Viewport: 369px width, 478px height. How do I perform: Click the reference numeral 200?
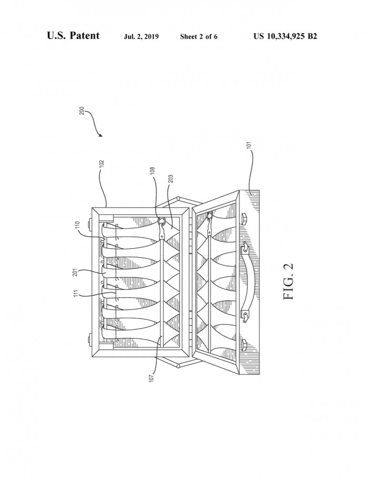(82, 110)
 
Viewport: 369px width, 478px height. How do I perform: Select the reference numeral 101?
(249, 146)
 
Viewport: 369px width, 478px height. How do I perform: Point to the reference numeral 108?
(153, 171)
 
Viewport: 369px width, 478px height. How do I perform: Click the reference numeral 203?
(170, 179)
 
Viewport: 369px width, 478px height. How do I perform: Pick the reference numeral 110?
(77, 226)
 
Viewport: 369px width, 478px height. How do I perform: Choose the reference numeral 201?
(75, 272)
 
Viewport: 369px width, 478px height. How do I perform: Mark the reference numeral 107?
(152, 378)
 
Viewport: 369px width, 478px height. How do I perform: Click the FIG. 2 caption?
(288, 282)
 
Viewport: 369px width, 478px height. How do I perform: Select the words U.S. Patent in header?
(73, 36)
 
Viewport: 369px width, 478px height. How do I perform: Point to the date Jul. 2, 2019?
(141, 37)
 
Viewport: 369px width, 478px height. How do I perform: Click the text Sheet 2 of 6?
(199, 37)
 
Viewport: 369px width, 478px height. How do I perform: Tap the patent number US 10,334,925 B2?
(285, 36)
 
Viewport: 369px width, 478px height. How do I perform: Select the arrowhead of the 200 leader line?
(101, 135)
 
